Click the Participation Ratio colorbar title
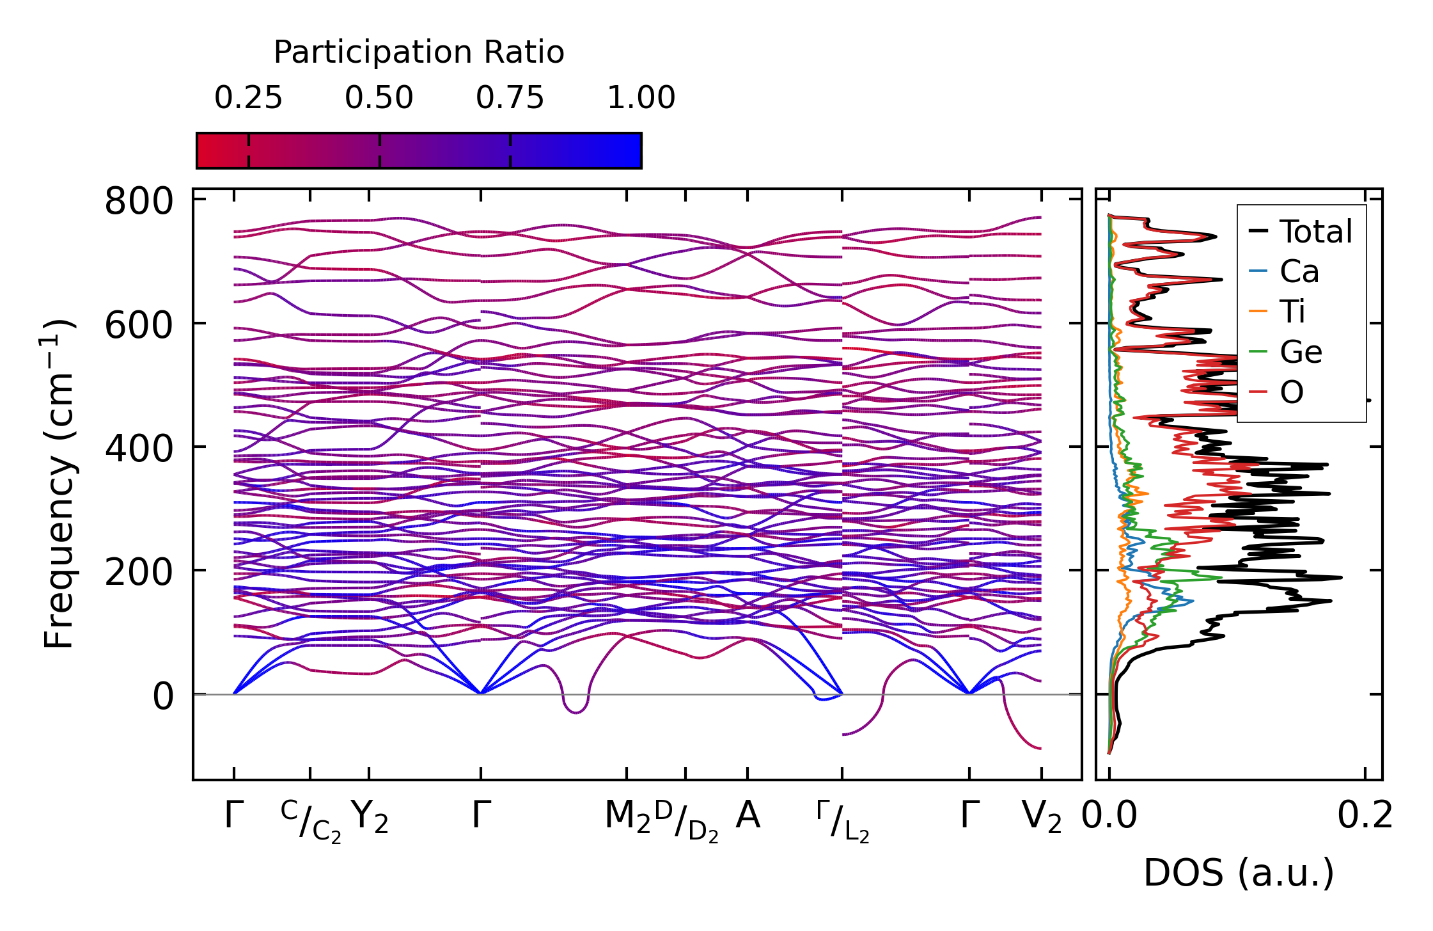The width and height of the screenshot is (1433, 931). pyautogui.click(x=419, y=52)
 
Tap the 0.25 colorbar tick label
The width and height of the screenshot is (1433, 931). pyautogui.click(x=248, y=99)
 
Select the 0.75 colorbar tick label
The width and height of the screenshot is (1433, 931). pyautogui.click(x=510, y=99)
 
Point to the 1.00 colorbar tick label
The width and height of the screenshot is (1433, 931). pyautogui.click(x=641, y=99)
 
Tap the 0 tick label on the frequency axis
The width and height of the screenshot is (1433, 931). pyautogui.click(x=162, y=696)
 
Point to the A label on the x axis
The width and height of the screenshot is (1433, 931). pyautogui.click(x=748, y=816)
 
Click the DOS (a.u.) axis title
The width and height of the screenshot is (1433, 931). pyautogui.click(x=1239, y=873)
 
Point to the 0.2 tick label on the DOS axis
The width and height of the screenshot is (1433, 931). pyautogui.click(x=1365, y=816)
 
